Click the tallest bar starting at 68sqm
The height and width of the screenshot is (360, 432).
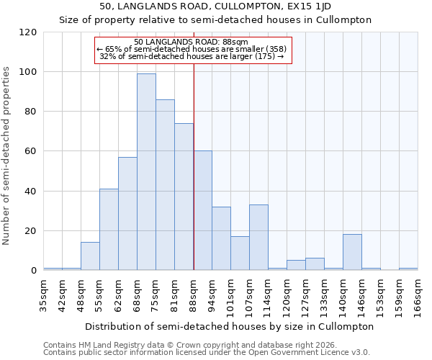[146, 172]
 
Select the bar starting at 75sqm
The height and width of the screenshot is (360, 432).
[165, 185]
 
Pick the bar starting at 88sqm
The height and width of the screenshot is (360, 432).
[202, 211]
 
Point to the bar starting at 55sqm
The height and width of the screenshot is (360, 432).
[109, 230]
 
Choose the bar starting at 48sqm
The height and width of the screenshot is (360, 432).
[90, 256]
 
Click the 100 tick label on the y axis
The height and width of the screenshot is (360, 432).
[28, 72]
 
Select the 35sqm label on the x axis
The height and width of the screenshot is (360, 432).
[44, 294]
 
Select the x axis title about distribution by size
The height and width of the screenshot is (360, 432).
[230, 326]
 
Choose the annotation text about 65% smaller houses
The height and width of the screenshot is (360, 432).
[191, 49]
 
